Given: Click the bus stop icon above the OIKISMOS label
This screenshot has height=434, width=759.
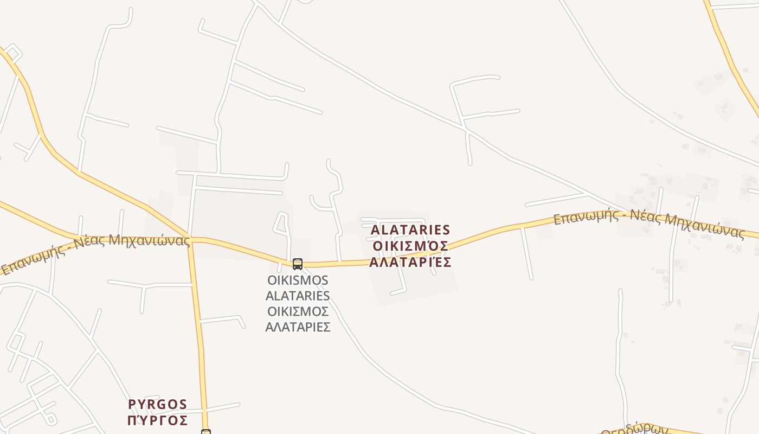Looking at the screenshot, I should (297, 264).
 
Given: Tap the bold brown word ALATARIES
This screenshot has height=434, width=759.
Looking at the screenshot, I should (410, 230).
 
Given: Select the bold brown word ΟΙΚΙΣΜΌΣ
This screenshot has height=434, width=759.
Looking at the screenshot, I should (410, 246).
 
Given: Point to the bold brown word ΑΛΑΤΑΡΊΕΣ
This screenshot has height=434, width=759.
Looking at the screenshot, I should (410, 263).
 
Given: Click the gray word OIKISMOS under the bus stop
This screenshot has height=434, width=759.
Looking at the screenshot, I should (298, 280).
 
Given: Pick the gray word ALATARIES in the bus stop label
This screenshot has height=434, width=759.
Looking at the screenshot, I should (298, 296).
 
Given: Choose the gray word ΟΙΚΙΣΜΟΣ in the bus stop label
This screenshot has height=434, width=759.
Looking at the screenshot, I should (298, 311).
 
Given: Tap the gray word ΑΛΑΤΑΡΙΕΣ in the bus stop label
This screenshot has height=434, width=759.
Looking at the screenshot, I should (298, 327).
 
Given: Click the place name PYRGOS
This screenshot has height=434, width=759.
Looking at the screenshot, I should (158, 405).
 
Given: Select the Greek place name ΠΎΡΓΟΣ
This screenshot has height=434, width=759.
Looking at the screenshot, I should (158, 420).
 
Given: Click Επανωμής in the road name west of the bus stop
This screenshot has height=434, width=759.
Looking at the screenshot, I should (32, 260).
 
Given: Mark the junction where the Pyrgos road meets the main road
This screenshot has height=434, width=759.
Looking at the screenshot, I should (191, 239).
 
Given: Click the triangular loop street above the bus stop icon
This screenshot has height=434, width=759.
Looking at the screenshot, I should (281, 224).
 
